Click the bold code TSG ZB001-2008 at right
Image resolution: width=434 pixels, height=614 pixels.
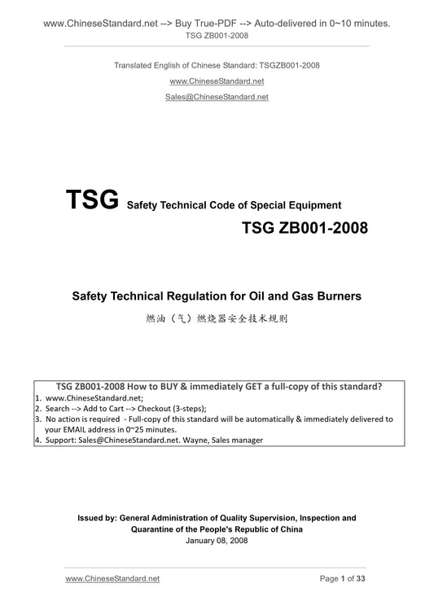[x=304, y=228]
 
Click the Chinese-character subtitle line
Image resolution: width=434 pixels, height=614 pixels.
[x=217, y=320]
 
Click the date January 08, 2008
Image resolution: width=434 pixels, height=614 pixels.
[x=217, y=540]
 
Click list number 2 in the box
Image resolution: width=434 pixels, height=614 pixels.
[x=38, y=409]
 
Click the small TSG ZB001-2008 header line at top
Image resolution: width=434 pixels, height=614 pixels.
[x=217, y=37]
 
